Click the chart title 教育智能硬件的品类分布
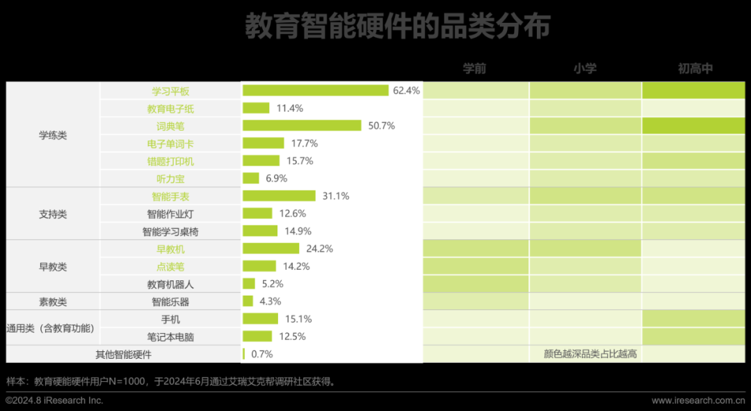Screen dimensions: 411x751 397,26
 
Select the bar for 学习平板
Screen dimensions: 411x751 315,90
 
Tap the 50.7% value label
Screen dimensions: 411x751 380,126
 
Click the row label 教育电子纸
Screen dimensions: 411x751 170,108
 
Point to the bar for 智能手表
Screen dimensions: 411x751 279,196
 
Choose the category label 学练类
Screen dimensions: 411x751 53,135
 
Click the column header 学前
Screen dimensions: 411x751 475,68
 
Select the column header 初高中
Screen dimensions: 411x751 695,68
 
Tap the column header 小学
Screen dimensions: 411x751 585,68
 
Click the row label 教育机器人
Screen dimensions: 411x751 170,284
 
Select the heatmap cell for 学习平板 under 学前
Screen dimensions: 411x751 476,90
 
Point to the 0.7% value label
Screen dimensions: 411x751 261,354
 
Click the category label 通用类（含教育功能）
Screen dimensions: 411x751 50,328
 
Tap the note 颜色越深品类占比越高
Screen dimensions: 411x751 590,354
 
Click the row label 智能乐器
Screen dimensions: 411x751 170,302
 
